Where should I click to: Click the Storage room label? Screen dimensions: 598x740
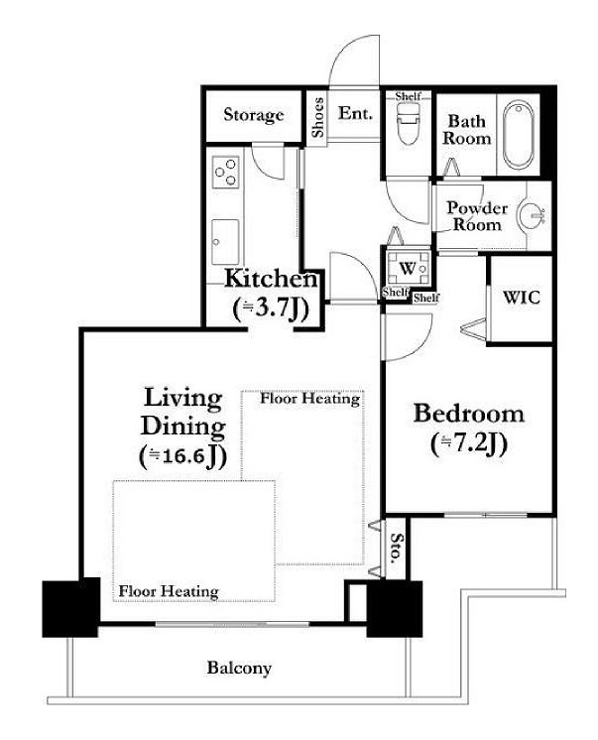(x=254, y=115)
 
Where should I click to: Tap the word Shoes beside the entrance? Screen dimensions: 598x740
(x=318, y=117)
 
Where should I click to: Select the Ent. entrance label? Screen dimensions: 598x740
(x=355, y=113)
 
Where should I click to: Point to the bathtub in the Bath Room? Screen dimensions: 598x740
(x=518, y=135)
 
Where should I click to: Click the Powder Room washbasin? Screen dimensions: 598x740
(x=532, y=216)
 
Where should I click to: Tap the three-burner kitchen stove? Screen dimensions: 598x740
(x=225, y=173)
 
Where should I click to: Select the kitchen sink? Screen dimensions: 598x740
(x=225, y=242)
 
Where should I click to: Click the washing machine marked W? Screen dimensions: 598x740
(x=408, y=268)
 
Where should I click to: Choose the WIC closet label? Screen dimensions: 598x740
(x=521, y=298)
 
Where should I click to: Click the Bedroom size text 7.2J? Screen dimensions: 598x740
(x=469, y=444)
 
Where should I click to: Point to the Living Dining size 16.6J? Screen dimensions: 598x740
(x=183, y=456)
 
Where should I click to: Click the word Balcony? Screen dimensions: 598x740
(x=239, y=668)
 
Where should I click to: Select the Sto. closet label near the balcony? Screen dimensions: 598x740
(x=398, y=549)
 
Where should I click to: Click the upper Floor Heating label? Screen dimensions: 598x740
(x=310, y=399)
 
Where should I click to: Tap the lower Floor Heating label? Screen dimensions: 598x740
(x=169, y=591)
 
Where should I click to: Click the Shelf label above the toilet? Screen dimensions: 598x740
(x=408, y=96)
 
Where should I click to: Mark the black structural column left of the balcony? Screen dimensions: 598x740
(x=71, y=609)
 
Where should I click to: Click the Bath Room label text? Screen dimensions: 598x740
(x=466, y=129)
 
